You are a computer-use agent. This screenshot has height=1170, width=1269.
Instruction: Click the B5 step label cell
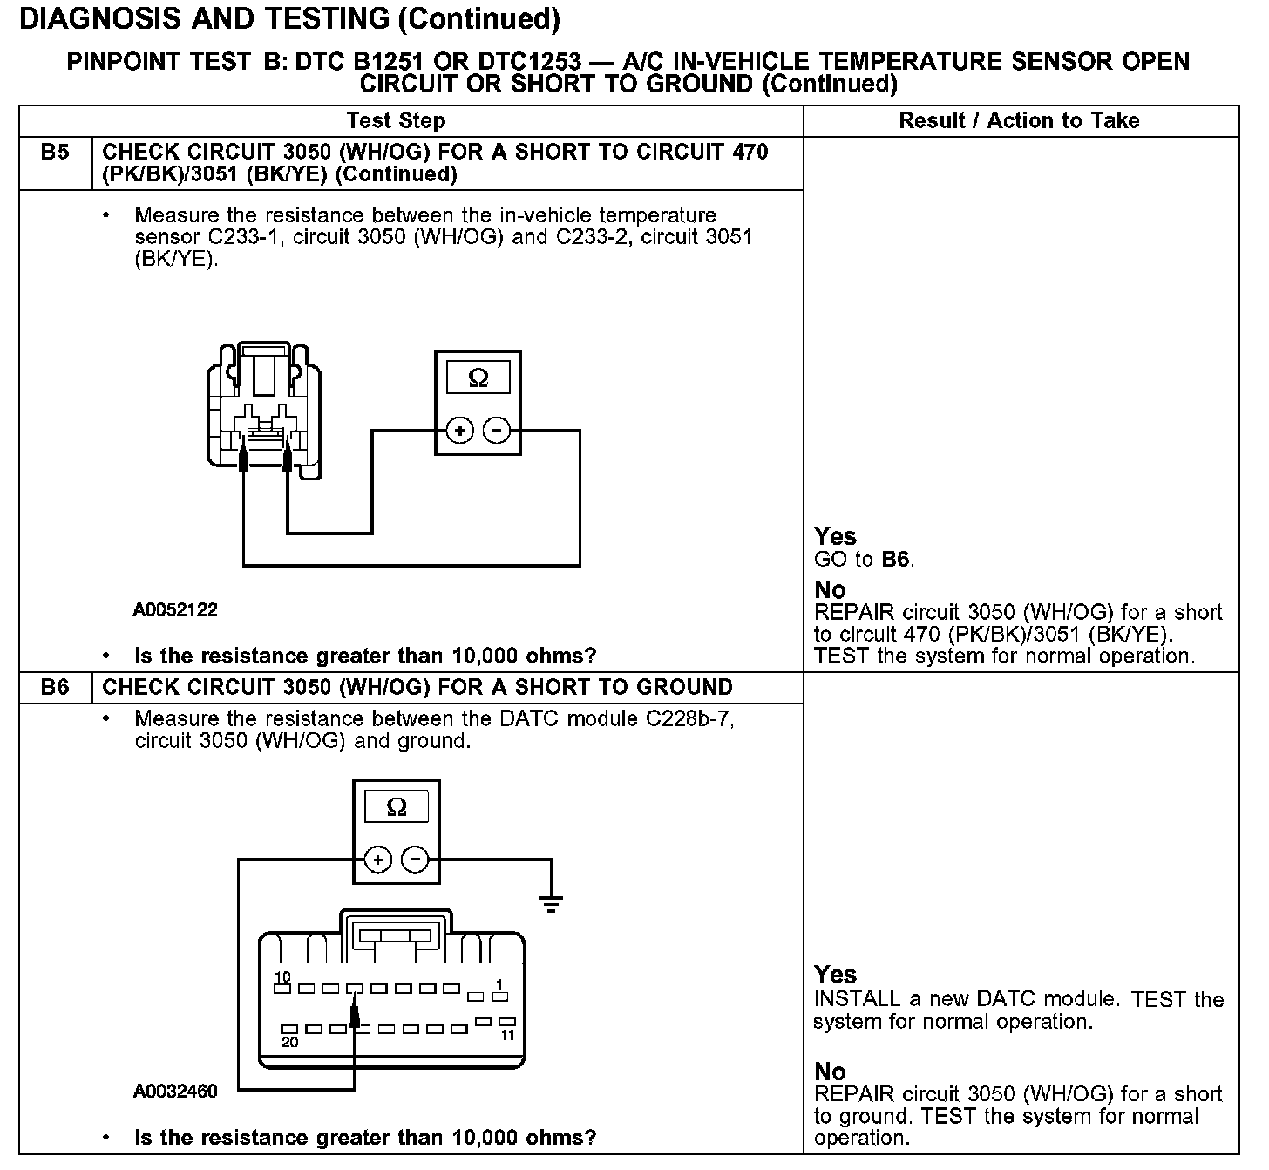pyautogui.click(x=54, y=153)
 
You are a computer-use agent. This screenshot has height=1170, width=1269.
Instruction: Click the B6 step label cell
pyautogui.click(x=54, y=687)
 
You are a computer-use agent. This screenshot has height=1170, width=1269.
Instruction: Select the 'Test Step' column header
pyautogui.click(x=396, y=120)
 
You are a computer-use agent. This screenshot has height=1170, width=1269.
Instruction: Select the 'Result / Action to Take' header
pyautogui.click(x=1019, y=120)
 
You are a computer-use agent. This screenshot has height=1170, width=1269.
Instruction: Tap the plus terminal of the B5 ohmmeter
pyautogui.click(x=459, y=431)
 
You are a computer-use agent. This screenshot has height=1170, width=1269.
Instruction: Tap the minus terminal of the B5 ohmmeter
pyautogui.click(x=497, y=431)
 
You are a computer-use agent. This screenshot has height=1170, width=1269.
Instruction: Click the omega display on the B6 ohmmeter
pyautogui.click(x=397, y=807)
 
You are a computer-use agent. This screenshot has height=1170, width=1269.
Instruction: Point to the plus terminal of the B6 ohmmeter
pyautogui.click(x=377, y=860)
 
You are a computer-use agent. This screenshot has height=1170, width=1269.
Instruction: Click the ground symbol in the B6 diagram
pyautogui.click(x=551, y=903)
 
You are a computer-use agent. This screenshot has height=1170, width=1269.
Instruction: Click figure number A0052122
pyautogui.click(x=175, y=609)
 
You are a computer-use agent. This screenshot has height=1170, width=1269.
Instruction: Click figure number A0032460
pyautogui.click(x=175, y=1091)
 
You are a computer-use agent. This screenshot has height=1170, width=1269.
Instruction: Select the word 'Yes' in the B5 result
pyautogui.click(x=835, y=536)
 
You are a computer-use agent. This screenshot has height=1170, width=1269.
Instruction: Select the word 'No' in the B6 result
pyautogui.click(x=830, y=1071)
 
